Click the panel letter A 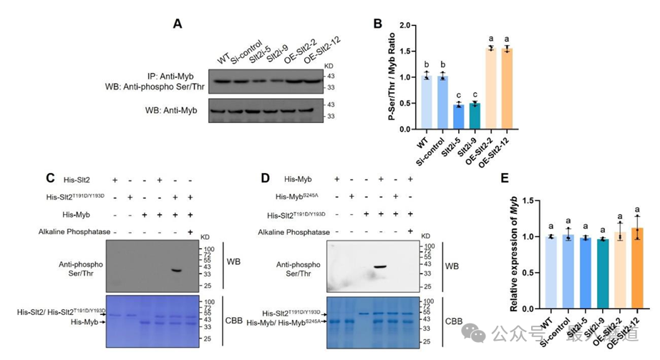[x=178, y=24]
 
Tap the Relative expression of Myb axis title [x=513, y=254]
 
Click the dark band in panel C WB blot [x=178, y=271]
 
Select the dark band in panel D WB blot [x=380, y=268]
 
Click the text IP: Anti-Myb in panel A [x=170, y=75]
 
